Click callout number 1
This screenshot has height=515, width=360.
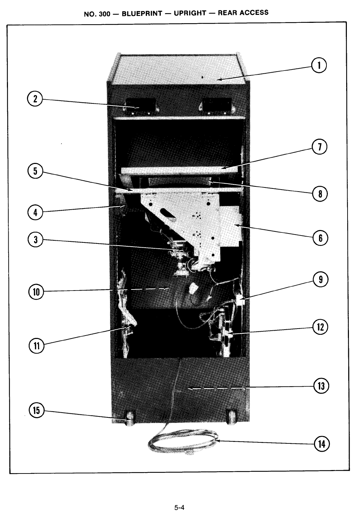point(319,65)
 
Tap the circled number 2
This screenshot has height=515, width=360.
point(35,99)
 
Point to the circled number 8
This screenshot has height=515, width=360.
point(320,194)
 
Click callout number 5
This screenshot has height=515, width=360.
point(35,171)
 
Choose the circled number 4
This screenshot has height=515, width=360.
point(35,212)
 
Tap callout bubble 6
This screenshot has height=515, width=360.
point(320,238)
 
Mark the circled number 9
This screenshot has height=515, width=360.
point(321,279)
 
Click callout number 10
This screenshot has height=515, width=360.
point(36,292)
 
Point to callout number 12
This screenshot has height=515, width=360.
point(320,327)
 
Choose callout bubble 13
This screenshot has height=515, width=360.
point(321,386)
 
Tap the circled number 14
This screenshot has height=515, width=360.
point(322,444)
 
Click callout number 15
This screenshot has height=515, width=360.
point(36,411)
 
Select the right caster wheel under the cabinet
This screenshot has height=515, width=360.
point(231,417)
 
